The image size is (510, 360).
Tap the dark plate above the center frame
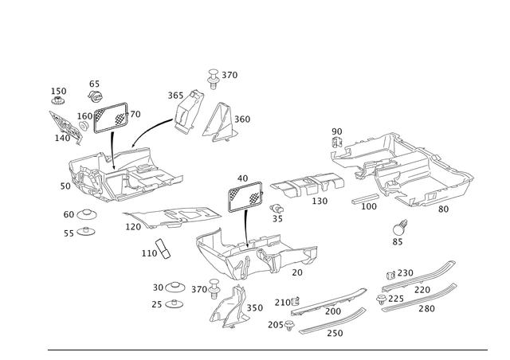click(246, 197)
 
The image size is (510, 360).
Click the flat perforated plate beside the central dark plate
click(307, 186)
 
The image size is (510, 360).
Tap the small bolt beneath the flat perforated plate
click(277, 212)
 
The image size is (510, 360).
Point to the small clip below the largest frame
click(398, 231)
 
